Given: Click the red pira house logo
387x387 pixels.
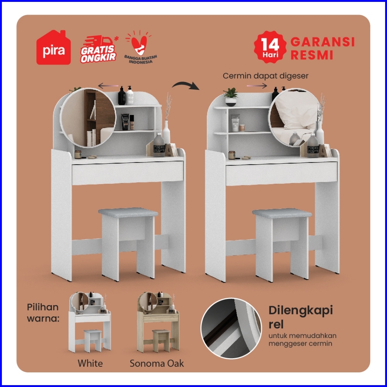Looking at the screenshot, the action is (x=54, y=48).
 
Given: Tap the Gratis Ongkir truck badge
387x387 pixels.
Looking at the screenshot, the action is (x=99, y=49).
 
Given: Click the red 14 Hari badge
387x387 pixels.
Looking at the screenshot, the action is (x=270, y=47).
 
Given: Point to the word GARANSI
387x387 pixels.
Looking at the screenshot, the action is (x=323, y=42).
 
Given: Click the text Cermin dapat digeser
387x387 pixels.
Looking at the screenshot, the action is (x=266, y=76).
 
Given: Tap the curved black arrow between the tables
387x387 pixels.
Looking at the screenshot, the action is (x=186, y=85).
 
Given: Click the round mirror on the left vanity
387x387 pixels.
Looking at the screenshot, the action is (x=88, y=118).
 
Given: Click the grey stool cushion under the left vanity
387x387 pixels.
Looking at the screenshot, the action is (x=128, y=212).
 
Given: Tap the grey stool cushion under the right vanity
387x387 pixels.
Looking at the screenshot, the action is (x=282, y=213).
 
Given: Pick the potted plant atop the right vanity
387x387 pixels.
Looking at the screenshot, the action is (x=231, y=97).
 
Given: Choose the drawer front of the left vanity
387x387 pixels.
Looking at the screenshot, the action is (x=128, y=173).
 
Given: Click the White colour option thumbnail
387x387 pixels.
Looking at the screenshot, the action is (x=90, y=322).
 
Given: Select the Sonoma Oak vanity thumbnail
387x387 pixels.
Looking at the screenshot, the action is (x=158, y=322).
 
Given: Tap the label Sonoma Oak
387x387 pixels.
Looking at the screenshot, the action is (x=157, y=363).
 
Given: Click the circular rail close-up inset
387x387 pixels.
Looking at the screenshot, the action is (x=231, y=329).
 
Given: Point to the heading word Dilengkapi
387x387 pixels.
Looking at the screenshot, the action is (x=301, y=311).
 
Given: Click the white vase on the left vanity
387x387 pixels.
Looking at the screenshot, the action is (x=166, y=132).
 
